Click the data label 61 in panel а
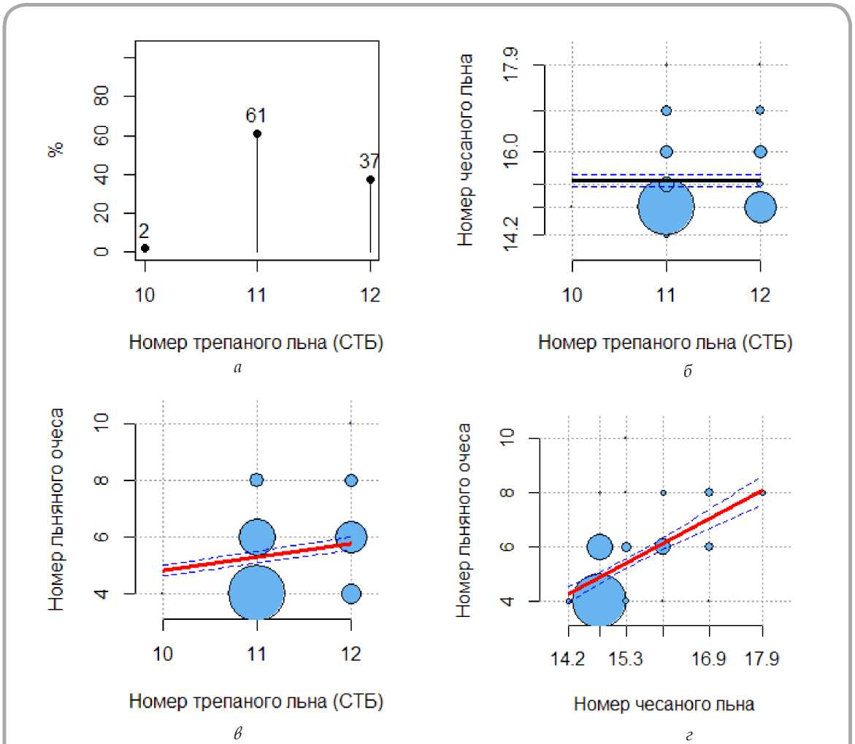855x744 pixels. tap(256, 115)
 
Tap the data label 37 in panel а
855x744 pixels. tap(369, 161)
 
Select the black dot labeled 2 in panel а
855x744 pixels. tap(145, 248)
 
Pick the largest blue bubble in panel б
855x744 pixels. tap(666, 207)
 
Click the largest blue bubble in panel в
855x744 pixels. tap(256, 593)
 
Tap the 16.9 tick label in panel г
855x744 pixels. tap(708, 660)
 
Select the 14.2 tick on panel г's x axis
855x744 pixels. tap(569, 660)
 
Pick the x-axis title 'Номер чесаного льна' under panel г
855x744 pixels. tap(664, 704)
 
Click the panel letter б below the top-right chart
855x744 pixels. tap(687, 371)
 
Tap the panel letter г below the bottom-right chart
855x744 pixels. tap(688, 734)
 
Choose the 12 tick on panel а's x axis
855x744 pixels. tap(370, 296)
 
